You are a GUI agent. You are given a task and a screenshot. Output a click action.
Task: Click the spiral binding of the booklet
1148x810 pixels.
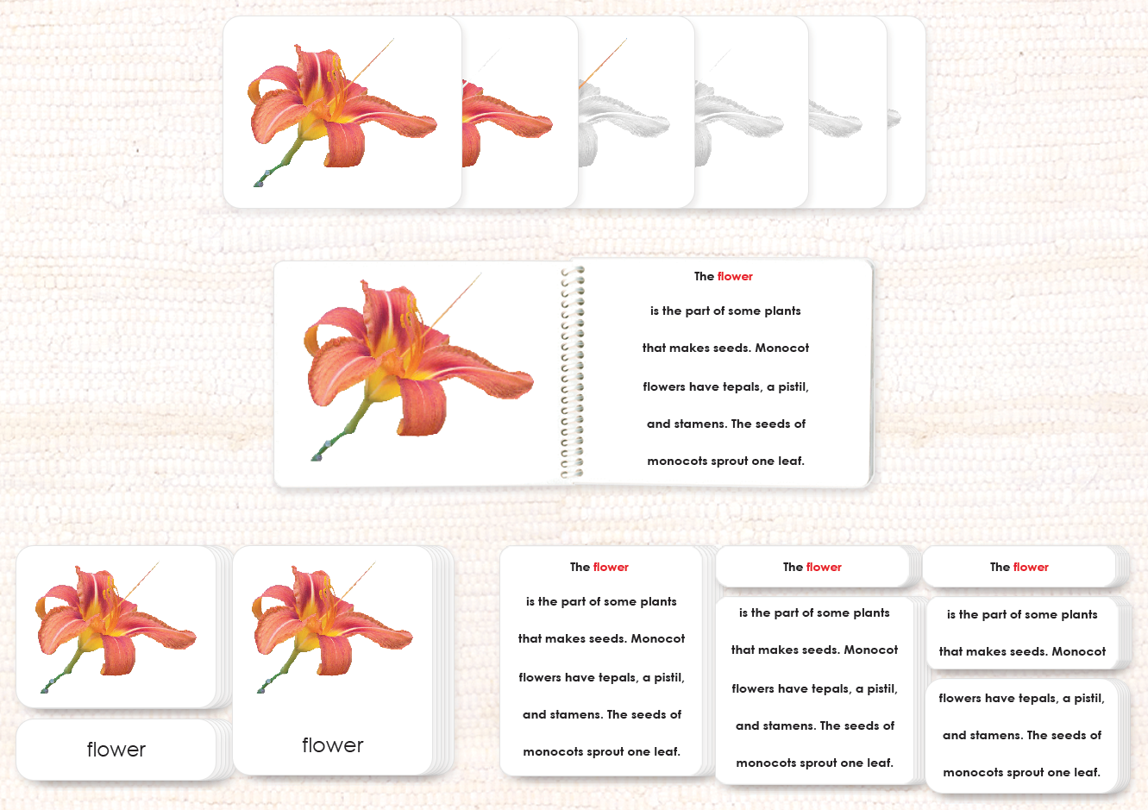[572, 373]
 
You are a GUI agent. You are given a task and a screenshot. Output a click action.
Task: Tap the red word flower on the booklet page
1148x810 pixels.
[735, 276]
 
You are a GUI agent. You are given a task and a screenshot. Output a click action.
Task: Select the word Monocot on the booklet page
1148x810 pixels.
[782, 348]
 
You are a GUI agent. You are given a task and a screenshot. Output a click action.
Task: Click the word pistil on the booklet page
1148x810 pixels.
[793, 387]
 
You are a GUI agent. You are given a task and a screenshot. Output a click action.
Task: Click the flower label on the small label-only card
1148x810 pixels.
[116, 750]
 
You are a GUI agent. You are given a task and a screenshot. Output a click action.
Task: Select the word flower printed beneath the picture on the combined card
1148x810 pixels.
[333, 745]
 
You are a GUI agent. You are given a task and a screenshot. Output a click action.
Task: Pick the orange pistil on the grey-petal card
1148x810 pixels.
[603, 63]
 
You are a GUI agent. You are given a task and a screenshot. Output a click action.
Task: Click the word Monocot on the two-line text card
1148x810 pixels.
[1079, 651]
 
